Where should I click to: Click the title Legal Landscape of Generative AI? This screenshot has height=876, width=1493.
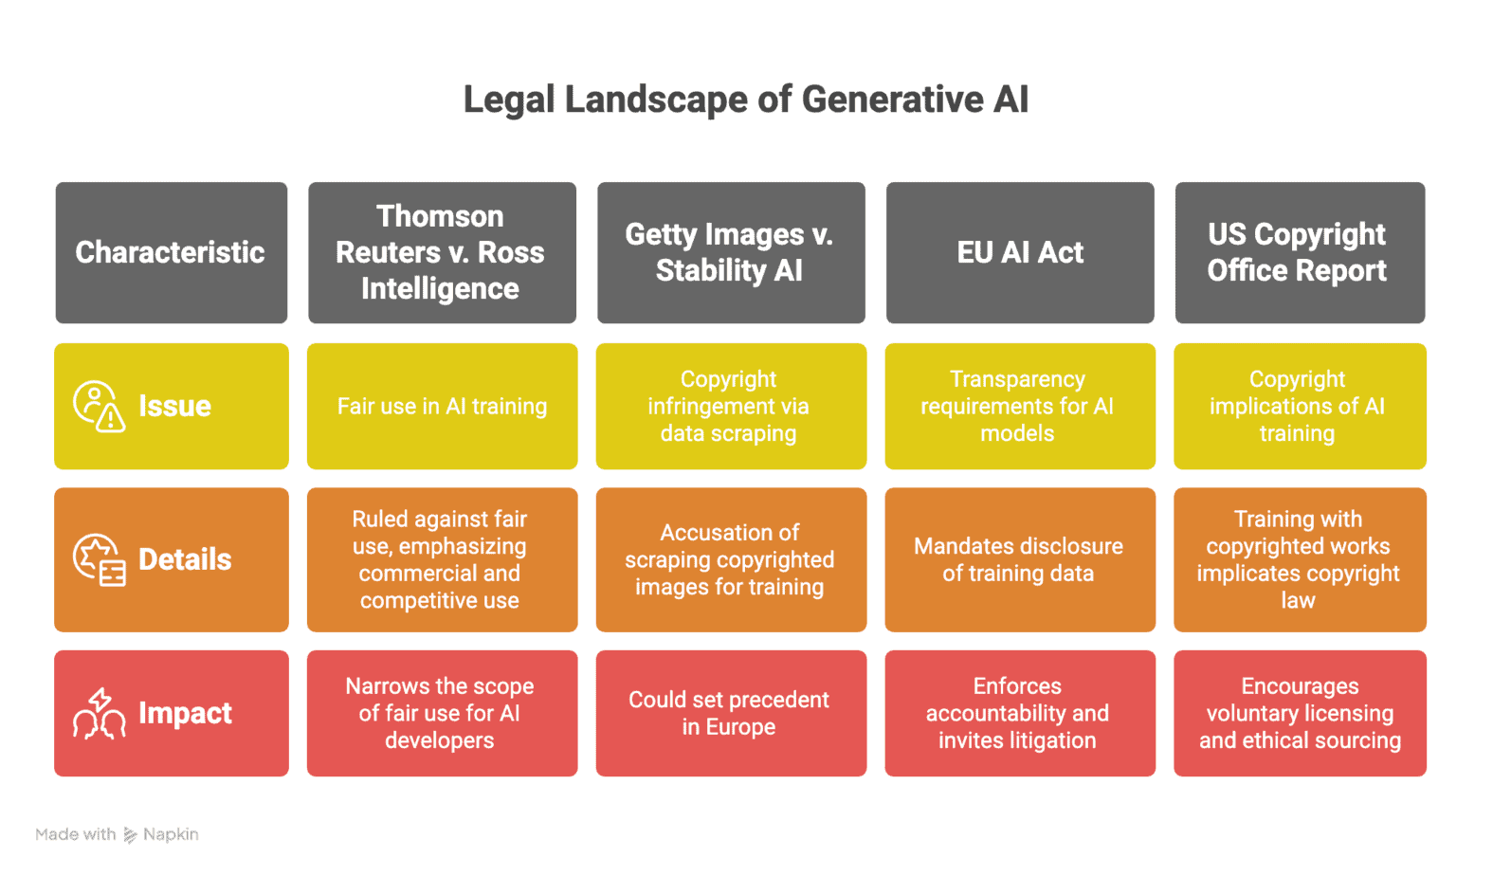click(x=745, y=100)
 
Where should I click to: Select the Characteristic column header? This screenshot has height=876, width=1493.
click(x=171, y=252)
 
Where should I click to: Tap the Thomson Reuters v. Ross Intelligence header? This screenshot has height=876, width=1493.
click(x=441, y=252)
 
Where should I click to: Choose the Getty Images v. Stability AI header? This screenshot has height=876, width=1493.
click(x=730, y=252)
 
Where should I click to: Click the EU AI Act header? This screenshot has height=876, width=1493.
click(x=1019, y=252)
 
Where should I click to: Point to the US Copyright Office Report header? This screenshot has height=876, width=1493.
click(x=1299, y=252)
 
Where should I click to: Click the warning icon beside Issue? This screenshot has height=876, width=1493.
click(x=99, y=406)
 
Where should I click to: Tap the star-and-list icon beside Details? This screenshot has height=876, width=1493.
click(x=100, y=559)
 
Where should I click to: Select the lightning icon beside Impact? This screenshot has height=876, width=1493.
click(x=100, y=713)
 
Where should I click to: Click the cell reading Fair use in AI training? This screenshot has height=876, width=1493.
click(x=442, y=406)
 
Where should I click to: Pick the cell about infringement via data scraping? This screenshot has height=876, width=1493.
click(x=730, y=406)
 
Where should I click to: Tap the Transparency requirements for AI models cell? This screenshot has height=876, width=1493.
click(x=1018, y=406)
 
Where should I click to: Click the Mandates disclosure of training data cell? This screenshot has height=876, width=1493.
click(x=1018, y=559)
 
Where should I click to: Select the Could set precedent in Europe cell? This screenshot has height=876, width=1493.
click(x=730, y=713)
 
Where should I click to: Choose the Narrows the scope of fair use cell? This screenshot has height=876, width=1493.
click(x=441, y=713)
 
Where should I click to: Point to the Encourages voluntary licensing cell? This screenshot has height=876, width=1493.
click(x=1299, y=713)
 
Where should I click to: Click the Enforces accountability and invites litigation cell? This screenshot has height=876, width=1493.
click(x=1018, y=713)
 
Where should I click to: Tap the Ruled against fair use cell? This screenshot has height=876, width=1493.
click(x=441, y=559)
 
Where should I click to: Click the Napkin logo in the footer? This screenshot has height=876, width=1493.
click(x=131, y=835)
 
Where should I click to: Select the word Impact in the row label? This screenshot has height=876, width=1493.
click(x=185, y=713)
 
